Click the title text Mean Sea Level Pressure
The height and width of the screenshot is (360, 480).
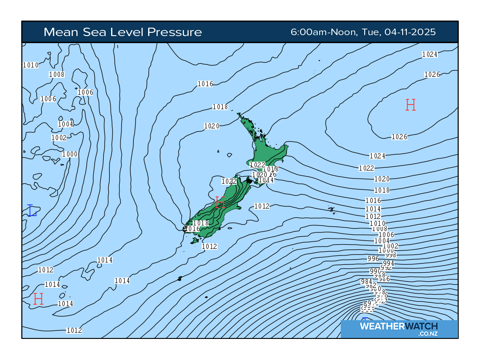coord(122,32)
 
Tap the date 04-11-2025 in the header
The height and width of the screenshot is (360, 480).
coord(410,32)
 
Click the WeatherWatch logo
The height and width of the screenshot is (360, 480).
coord(399,328)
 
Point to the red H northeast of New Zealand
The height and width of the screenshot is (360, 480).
coord(411,105)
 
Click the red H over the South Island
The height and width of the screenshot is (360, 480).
coord(220,202)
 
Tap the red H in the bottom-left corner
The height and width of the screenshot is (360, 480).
coord(38,299)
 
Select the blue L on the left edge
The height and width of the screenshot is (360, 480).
coord(31,210)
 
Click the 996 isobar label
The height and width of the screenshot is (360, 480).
coord(373,259)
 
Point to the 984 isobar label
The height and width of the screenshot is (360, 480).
coord(366,282)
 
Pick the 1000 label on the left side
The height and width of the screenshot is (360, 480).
coord(70,154)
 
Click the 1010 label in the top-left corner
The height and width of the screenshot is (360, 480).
coord(30,65)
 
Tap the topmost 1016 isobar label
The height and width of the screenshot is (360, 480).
coord(205,84)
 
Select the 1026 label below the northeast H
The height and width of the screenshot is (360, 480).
coord(399,137)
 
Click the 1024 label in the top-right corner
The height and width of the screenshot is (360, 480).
coord(430,54)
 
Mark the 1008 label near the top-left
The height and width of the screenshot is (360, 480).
coord(57,74)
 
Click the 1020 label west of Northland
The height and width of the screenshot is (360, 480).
coord(212,126)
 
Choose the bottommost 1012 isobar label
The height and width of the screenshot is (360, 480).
coord(74,330)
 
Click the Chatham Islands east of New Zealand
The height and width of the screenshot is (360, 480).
coord(331,209)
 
